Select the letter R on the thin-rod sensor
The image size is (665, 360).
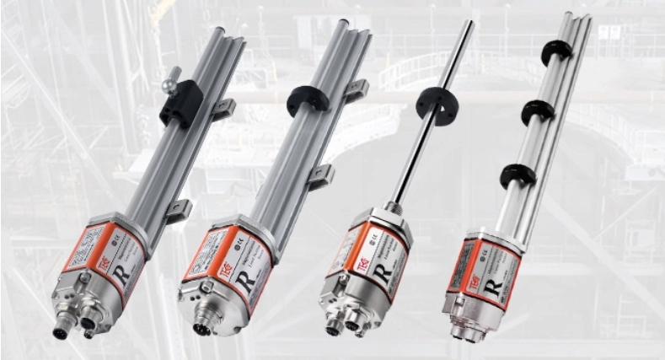click(379, 271)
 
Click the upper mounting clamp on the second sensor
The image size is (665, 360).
click(357, 89)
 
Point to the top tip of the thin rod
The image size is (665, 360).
click(469, 24)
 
